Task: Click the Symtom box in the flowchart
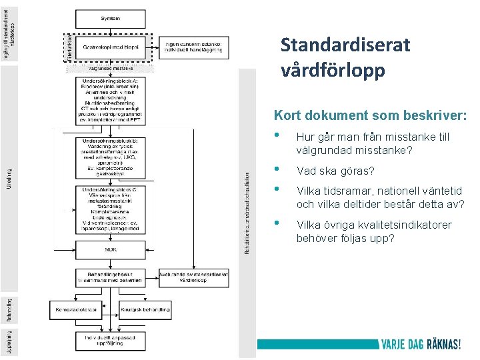click(x=111, y=18)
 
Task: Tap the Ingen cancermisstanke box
click(x=197, y=47)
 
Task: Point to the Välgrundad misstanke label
click(x=111, y=68)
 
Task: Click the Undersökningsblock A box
click(x=111, y=104)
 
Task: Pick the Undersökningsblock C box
click(x=111, y=210)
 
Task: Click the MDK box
click(x=111, y=249)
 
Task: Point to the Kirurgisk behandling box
click(x=145, y=310)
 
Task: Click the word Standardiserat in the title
click(x=345, y=46)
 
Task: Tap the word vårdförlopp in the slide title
click(x=333, y=70)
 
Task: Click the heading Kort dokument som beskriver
click(x=371, y=115)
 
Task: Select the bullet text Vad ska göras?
click(x=335, y=171)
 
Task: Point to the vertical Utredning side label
click(x=9, y=180)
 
